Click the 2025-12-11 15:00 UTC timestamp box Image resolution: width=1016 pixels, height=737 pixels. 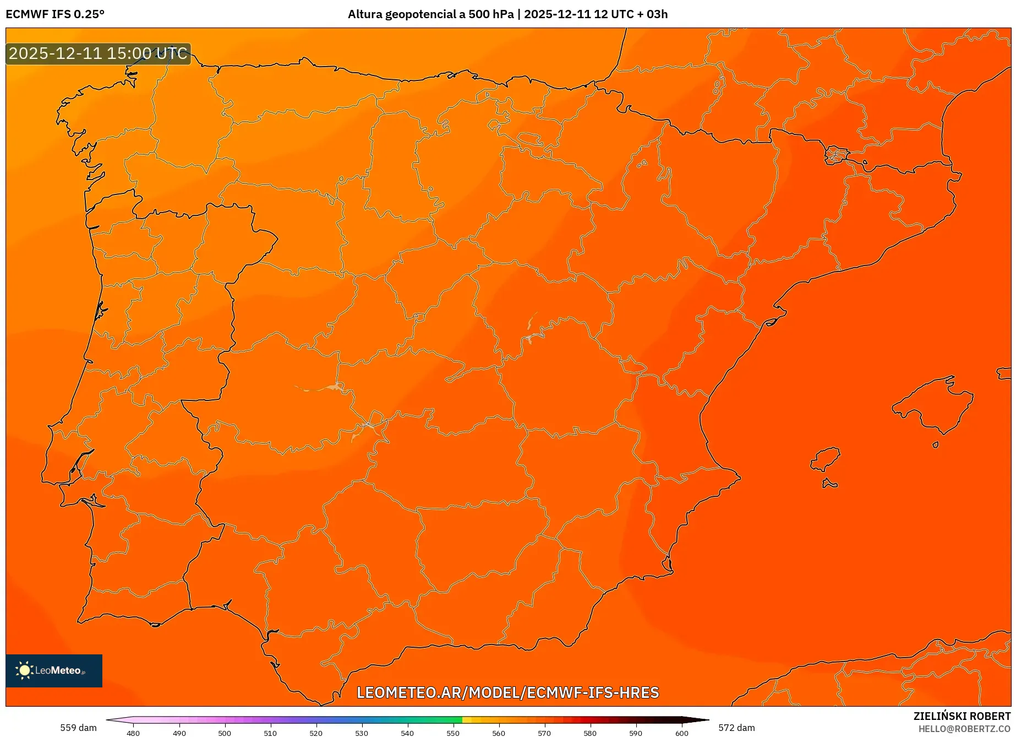(x=98, y=53)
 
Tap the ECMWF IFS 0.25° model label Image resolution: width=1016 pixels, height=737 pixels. (x=55, y=14)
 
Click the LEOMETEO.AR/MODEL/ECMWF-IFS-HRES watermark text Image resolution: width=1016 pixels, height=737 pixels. (x=507, y=692)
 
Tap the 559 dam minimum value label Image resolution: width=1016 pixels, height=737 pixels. (x=78, y=728)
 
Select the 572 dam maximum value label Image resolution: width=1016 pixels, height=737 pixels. (x=736, y=728)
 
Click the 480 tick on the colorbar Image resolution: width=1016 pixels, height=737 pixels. (x=133, y=733)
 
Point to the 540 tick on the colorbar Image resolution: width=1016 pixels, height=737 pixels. (x=407, y=733)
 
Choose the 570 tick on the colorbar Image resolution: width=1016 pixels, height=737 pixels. (x=544, y=733)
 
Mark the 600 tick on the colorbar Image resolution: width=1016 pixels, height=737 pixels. (x=681, y=733)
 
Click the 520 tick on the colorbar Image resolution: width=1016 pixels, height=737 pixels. (x=316, y=733)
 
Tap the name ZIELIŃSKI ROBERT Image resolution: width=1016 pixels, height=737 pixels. (x=962, y=716)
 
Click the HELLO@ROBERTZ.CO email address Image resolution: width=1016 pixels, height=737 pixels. (x=964, y=729)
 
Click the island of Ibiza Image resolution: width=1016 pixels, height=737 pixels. (x=826, y=459)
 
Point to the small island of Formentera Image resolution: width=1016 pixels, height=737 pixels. (x=829, y=484)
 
